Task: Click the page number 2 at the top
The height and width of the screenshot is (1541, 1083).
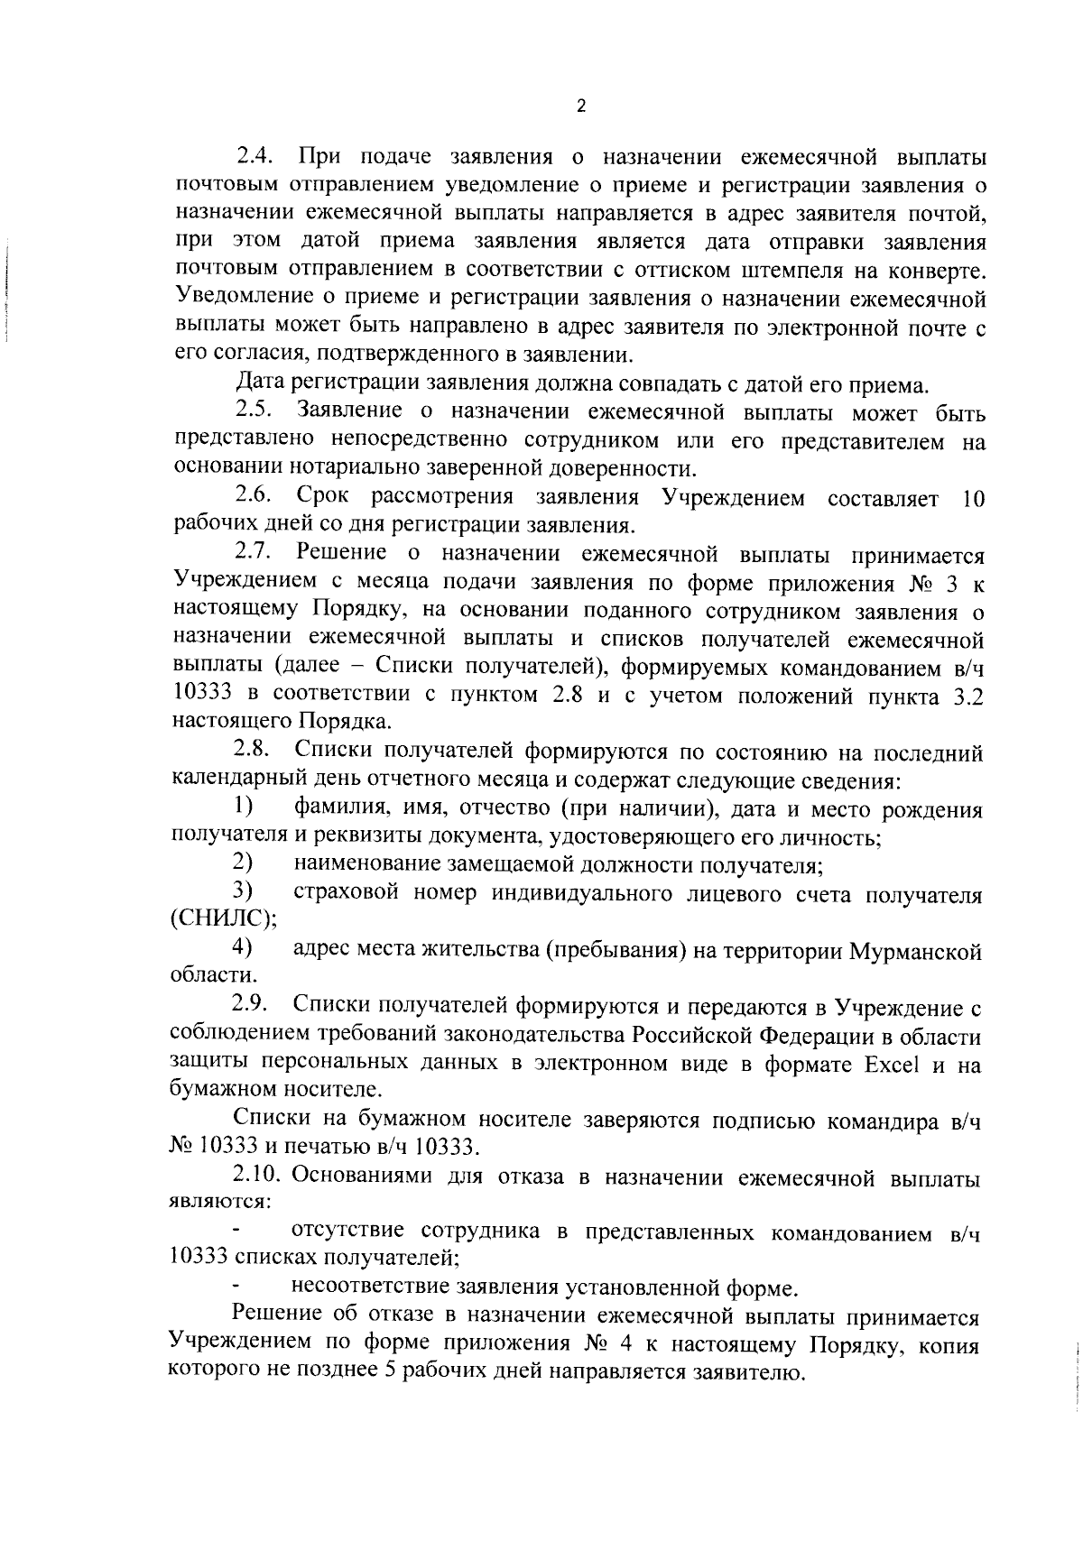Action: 581,106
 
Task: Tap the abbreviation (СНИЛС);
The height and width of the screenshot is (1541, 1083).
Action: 224,919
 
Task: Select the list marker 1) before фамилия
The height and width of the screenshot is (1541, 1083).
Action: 241,806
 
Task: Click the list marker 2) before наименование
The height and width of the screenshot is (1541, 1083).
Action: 241,863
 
